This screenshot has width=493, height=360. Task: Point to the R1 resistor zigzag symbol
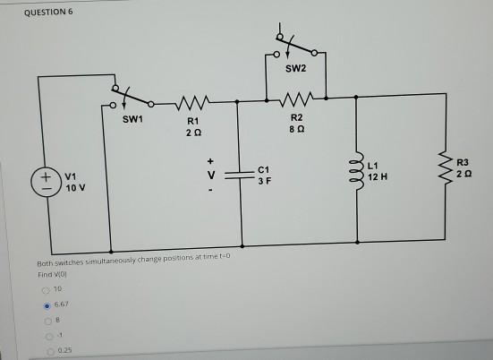pos(195,101)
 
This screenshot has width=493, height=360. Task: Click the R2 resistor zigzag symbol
pos(296,96)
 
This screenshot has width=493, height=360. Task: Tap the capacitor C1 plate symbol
pos(237,175)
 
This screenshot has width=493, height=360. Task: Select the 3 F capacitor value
pos(263,182)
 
